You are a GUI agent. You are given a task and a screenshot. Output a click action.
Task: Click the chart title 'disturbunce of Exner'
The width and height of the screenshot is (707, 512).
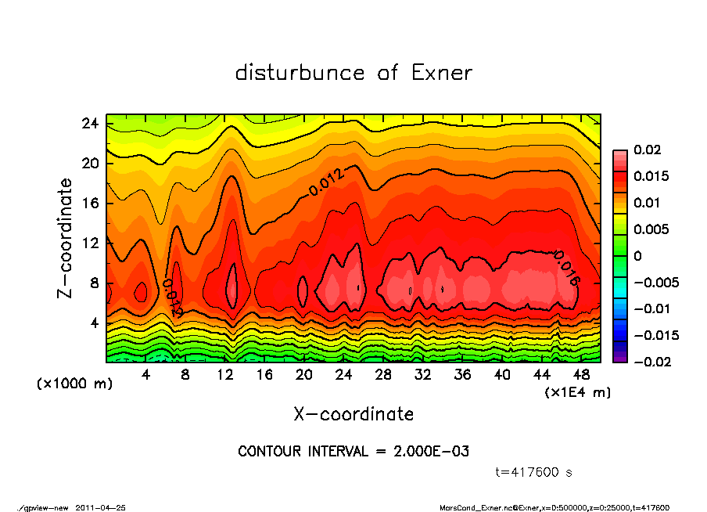(x=353, y=74)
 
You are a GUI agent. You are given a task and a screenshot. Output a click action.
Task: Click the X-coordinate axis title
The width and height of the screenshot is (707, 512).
(x=353, y=413)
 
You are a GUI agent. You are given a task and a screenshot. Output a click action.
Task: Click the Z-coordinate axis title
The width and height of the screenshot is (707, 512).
(x=66, y=238)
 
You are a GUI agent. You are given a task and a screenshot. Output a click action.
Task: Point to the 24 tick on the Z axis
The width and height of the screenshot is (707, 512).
(x=90, y=124)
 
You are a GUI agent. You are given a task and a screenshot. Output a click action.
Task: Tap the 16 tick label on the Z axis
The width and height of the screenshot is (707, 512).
(x=90, y=204)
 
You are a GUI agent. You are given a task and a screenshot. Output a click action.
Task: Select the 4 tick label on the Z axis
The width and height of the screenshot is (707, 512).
(x=94, y=323)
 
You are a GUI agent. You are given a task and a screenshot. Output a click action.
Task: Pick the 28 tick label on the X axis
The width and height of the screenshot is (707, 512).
(x=383, y=375)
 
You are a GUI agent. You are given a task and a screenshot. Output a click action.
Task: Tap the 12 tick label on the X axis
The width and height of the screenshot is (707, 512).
(x=224, y=375)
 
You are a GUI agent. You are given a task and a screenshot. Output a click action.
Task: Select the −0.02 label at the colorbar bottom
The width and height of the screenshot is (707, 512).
(x=655, y=362)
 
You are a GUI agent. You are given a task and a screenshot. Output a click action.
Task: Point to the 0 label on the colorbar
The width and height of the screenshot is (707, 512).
(x=637, y=256)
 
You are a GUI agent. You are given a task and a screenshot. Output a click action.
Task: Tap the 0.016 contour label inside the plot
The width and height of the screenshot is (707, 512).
(x=565, y=268)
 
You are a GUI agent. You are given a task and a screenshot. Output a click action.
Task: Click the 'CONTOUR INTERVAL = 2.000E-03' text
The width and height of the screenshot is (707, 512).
(x=353, y=452)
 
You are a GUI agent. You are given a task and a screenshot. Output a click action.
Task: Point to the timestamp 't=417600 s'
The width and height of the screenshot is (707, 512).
(x=535, y=472)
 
